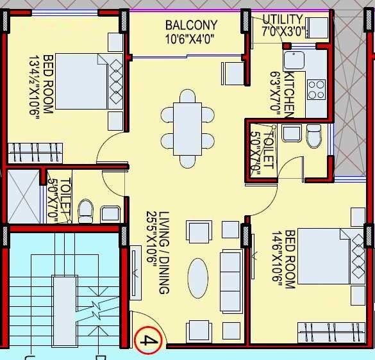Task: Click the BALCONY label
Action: [x=191, y=26]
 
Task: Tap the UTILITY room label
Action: [x=282, y=19]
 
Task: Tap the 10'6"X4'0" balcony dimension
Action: [x=191, y=38]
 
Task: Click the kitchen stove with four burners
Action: [x=316, y=88]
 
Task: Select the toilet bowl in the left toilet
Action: [x=85, y=211]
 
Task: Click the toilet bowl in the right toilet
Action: [x=313, y=135]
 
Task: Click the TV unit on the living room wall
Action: [x=137, y=272]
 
